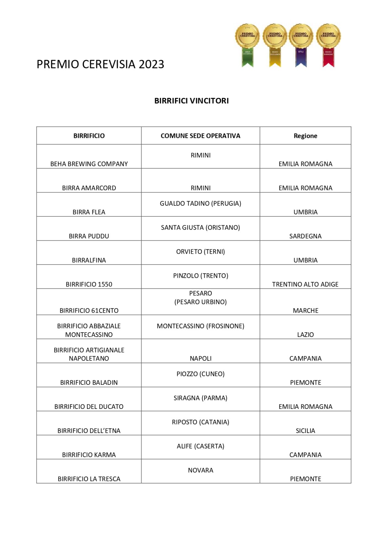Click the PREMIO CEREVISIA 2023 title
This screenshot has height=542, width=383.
(100, 64)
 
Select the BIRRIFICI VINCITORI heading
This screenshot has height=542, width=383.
(191, 101)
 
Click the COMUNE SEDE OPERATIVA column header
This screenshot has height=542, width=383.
(200, 136)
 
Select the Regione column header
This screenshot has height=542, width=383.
(305, 136)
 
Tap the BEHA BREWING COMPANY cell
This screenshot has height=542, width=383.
(89, 164)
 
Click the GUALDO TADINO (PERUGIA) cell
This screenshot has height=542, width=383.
(200, 203)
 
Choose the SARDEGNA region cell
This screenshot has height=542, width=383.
(305, 236)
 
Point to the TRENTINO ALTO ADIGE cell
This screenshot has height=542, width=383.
(305, 284)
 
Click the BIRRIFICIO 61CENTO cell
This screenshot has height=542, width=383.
(89, 310)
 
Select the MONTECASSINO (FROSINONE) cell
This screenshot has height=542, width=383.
(200, 326)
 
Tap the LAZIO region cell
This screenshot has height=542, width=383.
(305, 334)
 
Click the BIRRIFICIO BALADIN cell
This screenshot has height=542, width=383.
(89, 382)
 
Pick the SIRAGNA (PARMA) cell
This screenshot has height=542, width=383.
(200, 398)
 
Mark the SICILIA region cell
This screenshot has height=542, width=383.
(305, 430)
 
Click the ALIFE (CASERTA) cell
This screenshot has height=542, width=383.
(200, 446)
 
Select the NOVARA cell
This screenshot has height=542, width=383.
(200, 470)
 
